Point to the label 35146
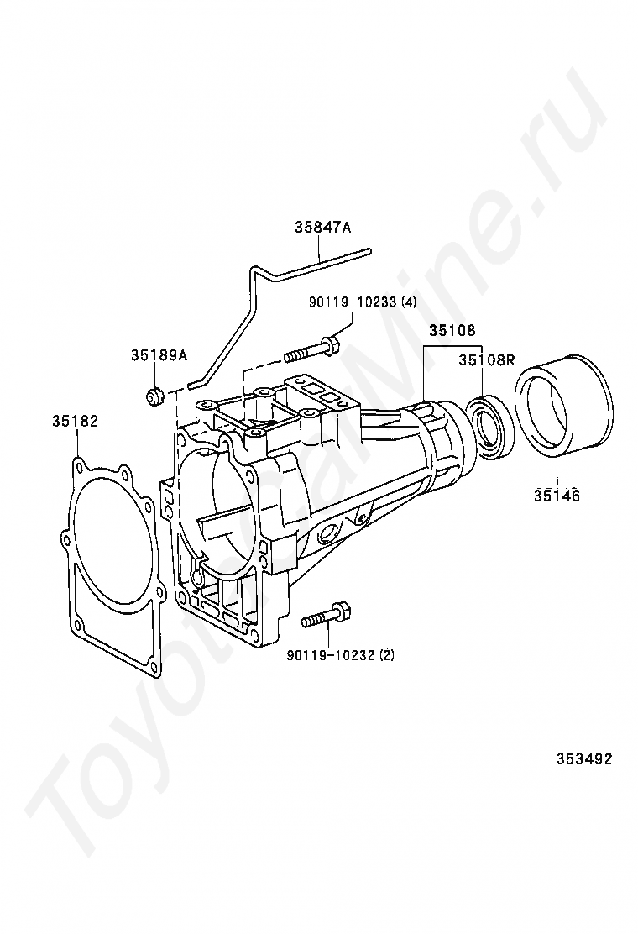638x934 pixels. pos(556,495)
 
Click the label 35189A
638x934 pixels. pos(158,355)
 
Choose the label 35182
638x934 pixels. pos(77,421)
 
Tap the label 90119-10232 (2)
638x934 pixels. pos(339,654)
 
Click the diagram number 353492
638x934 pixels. pos(583,758)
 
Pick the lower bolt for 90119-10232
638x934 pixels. pos(327,617)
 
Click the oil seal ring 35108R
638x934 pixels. pos(487,429)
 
